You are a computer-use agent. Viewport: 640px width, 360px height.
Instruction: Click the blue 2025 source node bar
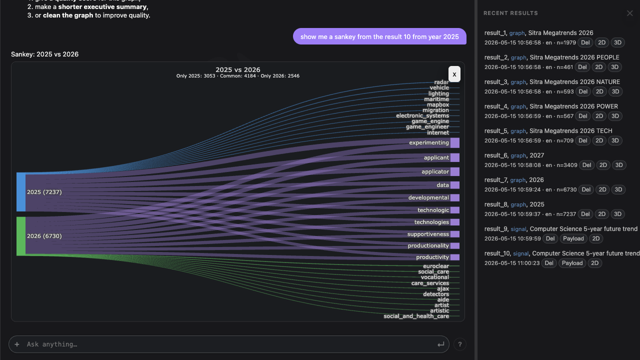(21, 192)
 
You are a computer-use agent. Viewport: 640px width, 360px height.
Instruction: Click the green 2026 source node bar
(21, 236)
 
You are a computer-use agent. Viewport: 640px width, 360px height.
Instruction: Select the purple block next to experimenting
(455, 142)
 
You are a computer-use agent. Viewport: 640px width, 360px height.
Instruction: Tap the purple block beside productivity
(455, 257)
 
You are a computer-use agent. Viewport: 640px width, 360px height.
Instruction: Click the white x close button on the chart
(454, 74)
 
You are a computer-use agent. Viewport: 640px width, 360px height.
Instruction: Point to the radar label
(441, 82)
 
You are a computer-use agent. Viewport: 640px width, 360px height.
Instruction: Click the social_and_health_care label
(416, 316)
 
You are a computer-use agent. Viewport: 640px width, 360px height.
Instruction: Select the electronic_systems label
(422, 115)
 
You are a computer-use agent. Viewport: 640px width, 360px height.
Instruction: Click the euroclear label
(436, 266)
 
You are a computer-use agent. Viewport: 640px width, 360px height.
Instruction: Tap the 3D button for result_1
(617, 42)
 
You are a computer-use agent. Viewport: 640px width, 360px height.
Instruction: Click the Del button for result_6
(586, 165)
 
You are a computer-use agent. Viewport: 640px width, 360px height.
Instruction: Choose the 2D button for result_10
(594, 263)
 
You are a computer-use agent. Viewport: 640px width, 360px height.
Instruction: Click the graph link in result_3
(518, 82)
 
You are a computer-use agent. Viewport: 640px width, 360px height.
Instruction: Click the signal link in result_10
(520, 253)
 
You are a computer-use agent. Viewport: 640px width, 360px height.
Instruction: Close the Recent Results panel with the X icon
(629, 13)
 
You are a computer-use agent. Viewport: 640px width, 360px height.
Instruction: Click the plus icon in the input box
(17, 344)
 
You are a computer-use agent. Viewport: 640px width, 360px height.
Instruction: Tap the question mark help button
(459, 344)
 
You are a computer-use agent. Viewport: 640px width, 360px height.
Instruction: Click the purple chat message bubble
(379, 36)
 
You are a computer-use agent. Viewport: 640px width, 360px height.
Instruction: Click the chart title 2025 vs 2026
(237, 69)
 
